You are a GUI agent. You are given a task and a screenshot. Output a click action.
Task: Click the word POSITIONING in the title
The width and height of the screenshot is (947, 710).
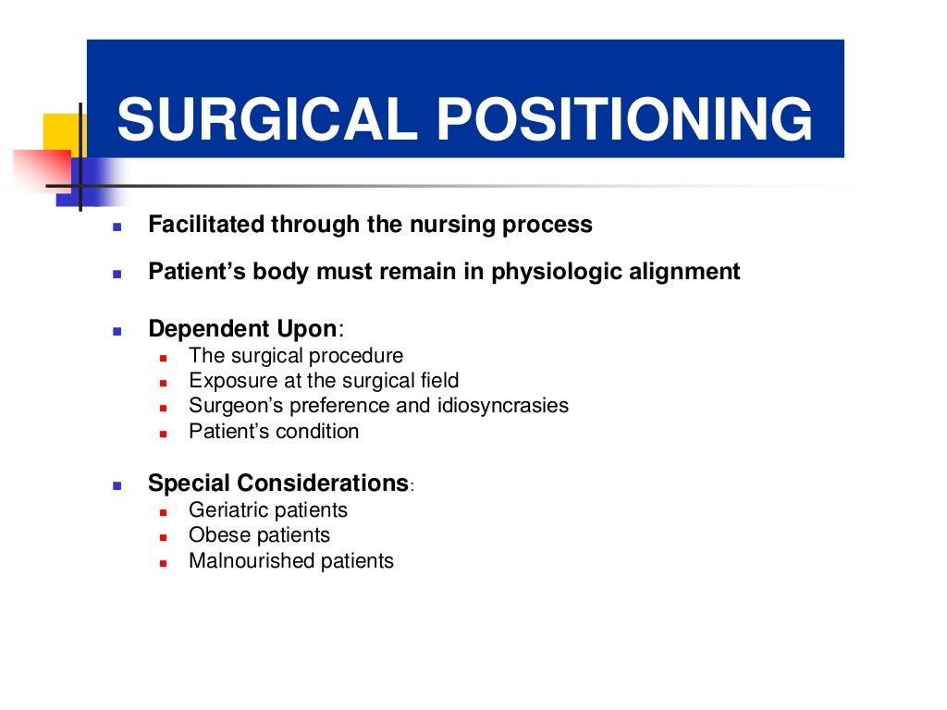coord(625,120)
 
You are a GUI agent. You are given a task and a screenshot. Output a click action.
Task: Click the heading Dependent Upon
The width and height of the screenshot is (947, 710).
coord(243,329)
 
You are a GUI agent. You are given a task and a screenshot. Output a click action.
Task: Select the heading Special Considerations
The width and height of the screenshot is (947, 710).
coord(278,483)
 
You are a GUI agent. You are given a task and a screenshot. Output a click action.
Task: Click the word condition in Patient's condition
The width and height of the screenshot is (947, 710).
coord(319,431)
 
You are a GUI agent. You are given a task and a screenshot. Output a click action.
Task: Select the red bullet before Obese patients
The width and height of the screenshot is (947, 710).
coord(162,537)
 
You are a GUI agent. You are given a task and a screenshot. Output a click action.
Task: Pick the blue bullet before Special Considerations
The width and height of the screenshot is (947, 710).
coord(117,484)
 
